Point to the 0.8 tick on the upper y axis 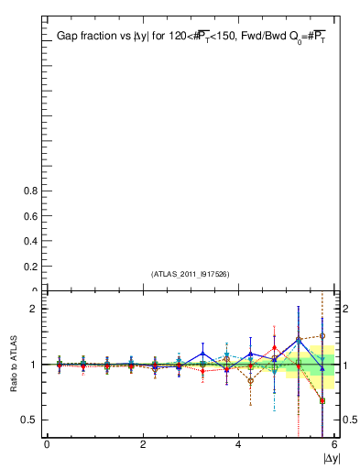[x=29, y=191]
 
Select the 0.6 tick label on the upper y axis [x=29, y=216]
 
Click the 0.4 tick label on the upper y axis [x=29, y=241]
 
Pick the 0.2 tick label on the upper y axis [x=29, y=267]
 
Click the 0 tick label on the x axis [x=47, y=445]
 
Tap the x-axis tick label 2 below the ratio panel [x=143, y=445]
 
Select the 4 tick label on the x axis [x=238, y=445]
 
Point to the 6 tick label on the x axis [x=333, y=445]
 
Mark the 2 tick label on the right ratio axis [x=344, y=310]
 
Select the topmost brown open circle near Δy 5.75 [x=322, y=336]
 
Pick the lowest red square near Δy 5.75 [x=322, y=400]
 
